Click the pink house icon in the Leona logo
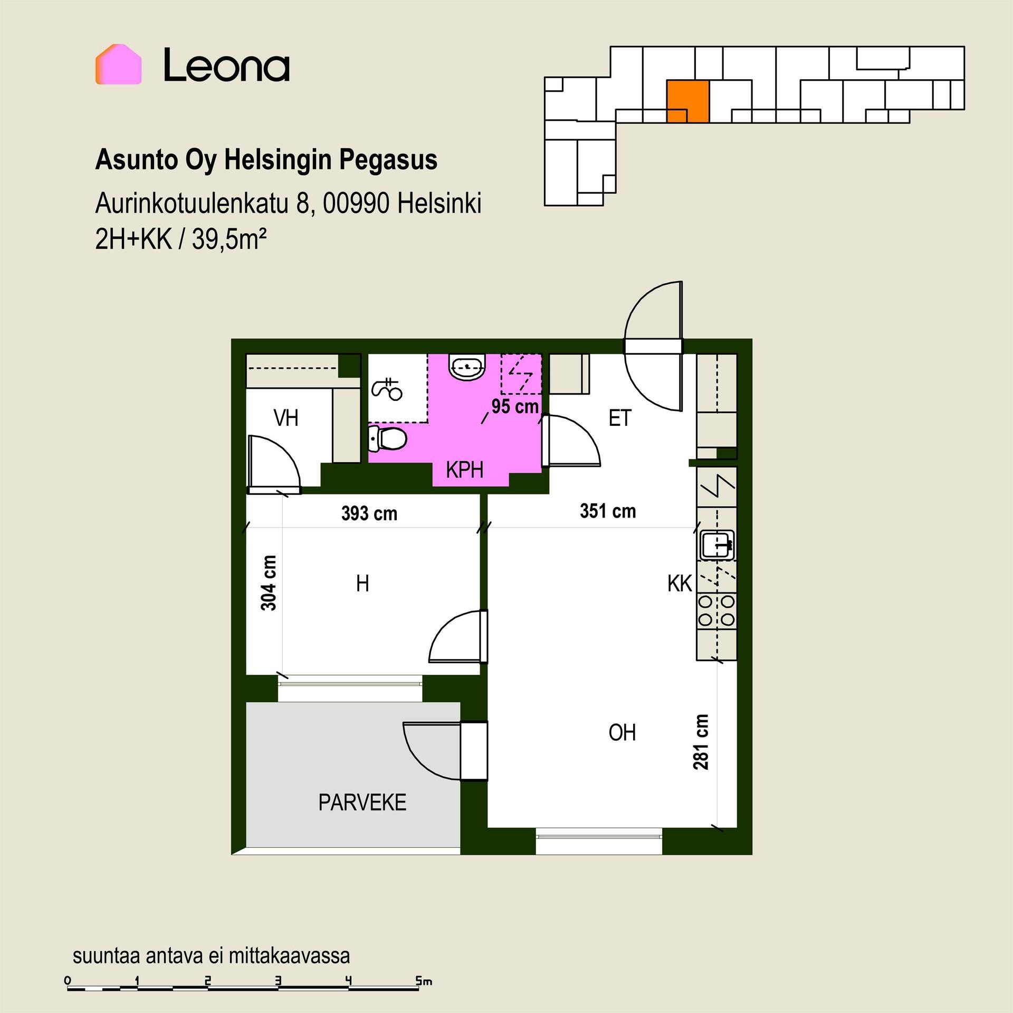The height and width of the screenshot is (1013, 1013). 118,64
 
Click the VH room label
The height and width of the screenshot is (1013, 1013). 286,418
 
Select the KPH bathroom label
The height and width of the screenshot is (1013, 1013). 464,470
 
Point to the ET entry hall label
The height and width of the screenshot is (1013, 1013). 620,418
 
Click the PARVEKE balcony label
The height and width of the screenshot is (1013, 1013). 362,802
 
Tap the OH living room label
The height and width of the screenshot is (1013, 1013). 622,733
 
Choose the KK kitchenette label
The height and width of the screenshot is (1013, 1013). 680,584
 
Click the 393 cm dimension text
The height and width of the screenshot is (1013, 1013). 369,513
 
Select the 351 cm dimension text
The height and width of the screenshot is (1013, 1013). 608,511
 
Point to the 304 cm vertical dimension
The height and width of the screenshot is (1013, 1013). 269,583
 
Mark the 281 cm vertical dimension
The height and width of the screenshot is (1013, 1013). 701,742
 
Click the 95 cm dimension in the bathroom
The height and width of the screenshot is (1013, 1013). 515,407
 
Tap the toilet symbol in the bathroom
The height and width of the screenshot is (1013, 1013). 387,439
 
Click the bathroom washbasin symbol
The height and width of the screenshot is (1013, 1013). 467,367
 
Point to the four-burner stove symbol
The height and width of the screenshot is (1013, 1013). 717,610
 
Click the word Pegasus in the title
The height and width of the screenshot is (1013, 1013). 388,160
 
